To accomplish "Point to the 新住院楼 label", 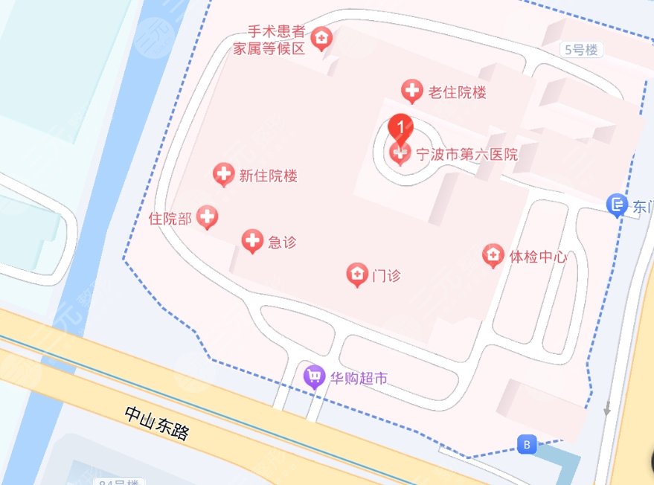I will click(x=268, y=176).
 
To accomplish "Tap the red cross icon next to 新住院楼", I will click(x=222, y=175).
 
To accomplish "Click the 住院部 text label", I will click(x=170, y=218).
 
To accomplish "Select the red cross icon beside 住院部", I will click(x=208, y=217).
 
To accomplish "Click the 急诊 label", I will click(x=282, y=241).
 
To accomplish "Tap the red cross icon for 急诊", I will click(x=253, y=240).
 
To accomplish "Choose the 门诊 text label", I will click(x=386, y=275).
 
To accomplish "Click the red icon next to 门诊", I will click(x=357, y=275).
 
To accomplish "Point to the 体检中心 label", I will click(x=537, y=257).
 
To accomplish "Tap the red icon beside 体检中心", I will click(x=492, y=256).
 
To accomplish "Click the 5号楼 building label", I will click(x=581, y=50).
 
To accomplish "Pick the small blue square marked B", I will click(x=527, y=445).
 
